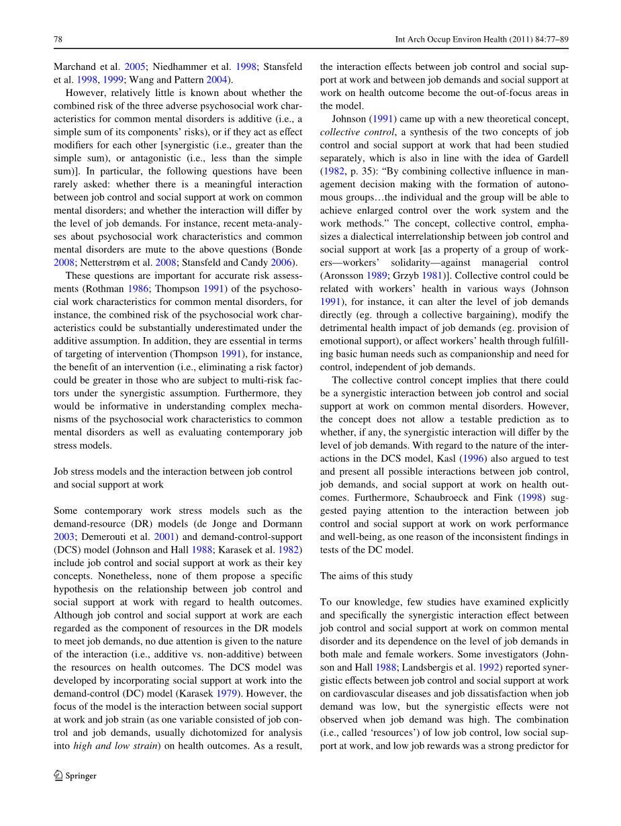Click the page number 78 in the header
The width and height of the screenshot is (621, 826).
58,40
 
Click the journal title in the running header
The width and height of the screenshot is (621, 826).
481,40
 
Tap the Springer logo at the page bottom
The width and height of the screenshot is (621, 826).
75,776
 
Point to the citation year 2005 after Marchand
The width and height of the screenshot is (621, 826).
135,66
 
